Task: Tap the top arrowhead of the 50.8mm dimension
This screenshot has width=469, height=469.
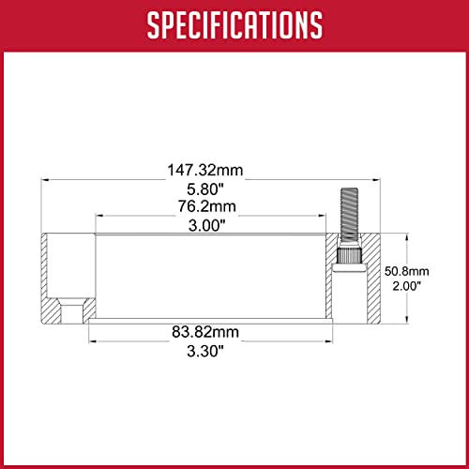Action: coord(404,237)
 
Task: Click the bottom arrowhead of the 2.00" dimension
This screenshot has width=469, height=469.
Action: coord(404,319)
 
